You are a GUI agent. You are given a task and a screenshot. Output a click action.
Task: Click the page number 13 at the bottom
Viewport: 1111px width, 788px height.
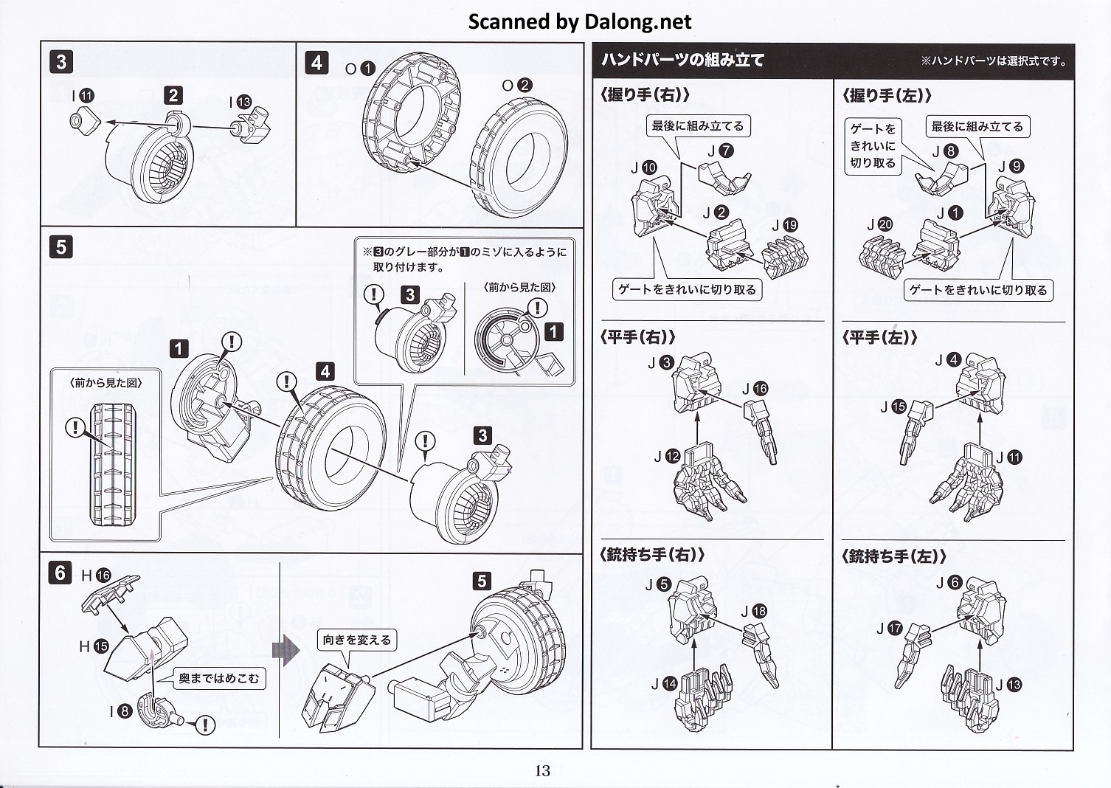tap(542, 771)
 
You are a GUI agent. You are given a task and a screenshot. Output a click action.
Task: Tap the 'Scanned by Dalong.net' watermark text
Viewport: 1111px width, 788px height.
tap(580, 22)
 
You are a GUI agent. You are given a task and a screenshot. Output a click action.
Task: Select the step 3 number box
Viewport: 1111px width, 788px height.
tap(61, 62)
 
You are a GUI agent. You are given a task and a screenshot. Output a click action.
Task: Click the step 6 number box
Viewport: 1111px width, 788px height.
tap(60, 573)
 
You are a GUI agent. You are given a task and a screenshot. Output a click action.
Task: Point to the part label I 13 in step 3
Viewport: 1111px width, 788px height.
tap(240, 103)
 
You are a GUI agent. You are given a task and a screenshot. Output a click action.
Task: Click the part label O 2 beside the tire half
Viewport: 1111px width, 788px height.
tap(516, 86)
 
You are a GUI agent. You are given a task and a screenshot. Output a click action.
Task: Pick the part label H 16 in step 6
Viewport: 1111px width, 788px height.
tap(95, 576)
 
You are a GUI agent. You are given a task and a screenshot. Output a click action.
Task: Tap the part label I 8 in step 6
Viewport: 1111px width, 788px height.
tap(120, 711)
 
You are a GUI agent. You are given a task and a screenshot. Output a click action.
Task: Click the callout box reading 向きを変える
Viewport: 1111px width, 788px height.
tap(357, 640)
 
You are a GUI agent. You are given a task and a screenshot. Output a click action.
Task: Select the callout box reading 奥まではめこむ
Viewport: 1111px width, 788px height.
tap(219, 679)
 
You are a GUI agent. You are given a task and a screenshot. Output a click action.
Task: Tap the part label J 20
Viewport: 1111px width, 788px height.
tap(879, 224)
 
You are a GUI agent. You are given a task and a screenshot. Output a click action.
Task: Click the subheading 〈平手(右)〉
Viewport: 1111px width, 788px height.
tap(639, 338)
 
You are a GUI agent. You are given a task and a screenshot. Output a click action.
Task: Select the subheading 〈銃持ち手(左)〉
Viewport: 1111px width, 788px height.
tap(894, 557)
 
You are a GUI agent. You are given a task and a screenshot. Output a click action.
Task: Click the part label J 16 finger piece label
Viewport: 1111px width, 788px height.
tap(755, 389)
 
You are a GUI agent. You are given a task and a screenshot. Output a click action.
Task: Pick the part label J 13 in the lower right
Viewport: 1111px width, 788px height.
tap(1008, 685)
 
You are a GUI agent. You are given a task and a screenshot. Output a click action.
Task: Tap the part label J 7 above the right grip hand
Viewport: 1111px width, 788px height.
tap(721, 151)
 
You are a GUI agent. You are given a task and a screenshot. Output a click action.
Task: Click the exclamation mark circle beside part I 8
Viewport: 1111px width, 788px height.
tap(204, 725)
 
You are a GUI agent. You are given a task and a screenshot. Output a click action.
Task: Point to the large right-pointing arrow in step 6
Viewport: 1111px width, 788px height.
tap(286, 651)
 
